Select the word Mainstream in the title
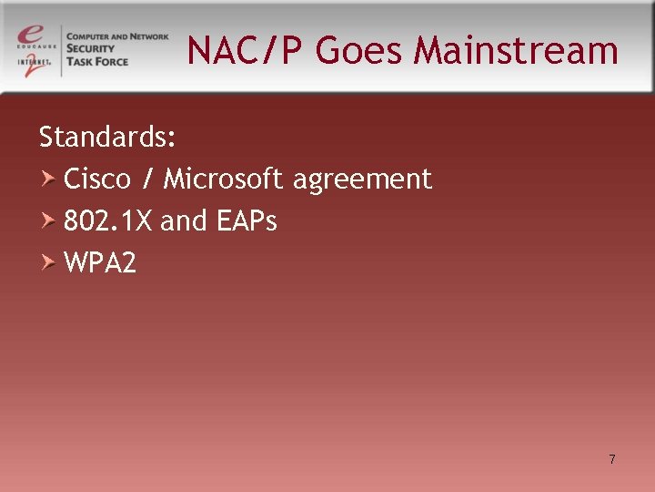pyautogui.click(x=516, y=51)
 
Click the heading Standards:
pyautogui.click(x=107, y=138)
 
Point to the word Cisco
pyautogui.click(x=97, y=179)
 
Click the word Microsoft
pyautogui.click(x=224, y=179)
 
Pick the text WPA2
pyautogui.click(x=100, y=263)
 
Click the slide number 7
pyautogui.click(x=612, y=459)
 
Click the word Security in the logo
pyautogui.click(x=92, y=49)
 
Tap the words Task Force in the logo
pyautogui.click(x=97, y=62)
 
